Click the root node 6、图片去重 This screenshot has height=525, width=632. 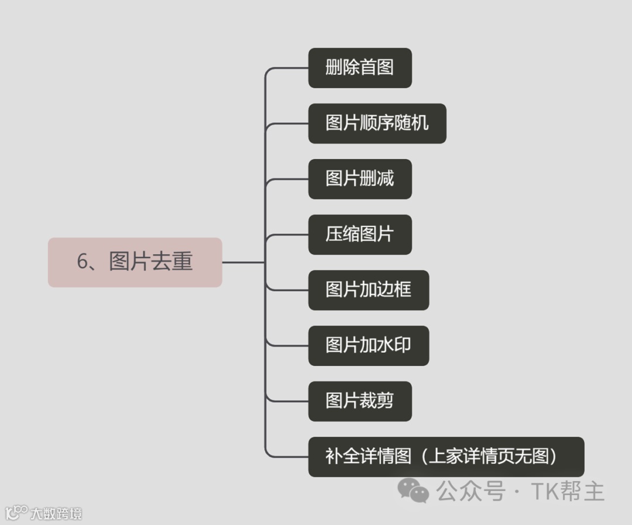pyautogui.click(x=135, y=262)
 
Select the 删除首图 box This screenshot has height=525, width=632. pyautogui.click(x=360, y=68)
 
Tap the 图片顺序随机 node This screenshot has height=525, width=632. pyautogui.click(x=377, y=123)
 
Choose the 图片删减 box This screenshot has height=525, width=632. pyautogui.click(x=360, y=179)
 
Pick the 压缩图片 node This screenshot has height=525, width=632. pyautogui.click(x=360, y=235)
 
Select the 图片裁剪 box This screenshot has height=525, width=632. pyautogui.click(x=360, y=402)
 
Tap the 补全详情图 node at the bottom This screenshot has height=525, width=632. pyautogui.click(x=446, y=457)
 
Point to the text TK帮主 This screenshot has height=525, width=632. pyautogui.click(x=567, y=491)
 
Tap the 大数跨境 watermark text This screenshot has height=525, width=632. pyautogui.click(x=56, y=514)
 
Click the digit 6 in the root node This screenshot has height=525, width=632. pyautogui.click(x=83, y=262)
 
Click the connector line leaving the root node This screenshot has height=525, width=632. pyautogui.click(x=243, y=262)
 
